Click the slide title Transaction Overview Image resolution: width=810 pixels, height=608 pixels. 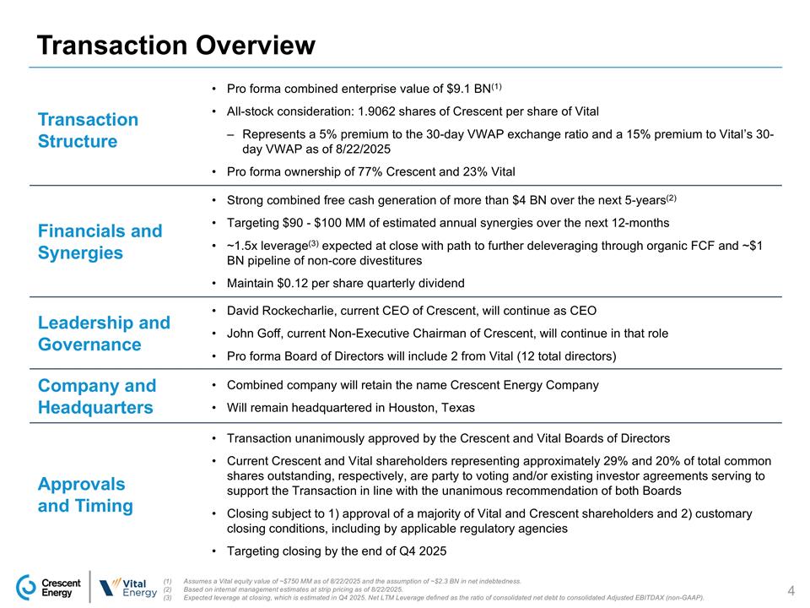tap(175, 45)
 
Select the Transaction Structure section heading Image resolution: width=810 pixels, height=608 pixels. tap(88, 130)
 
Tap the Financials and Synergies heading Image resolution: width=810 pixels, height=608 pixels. tap(100, 242)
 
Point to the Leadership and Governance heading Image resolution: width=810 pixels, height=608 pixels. tap(104, 334)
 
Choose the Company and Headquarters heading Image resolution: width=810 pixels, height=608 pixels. tap(97, 397)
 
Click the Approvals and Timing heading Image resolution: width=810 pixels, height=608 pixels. tap(85, 495)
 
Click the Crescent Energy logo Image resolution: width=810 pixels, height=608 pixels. tap(50, 587)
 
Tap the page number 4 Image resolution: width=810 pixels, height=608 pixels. tap(791, 589)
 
